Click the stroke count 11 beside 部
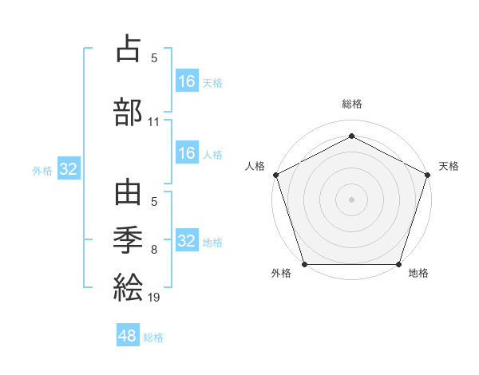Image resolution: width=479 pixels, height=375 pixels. pyautogui.click(x=154, y=122)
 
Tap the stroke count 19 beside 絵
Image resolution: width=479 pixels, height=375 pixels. pyautogui.click(x=154, y=298)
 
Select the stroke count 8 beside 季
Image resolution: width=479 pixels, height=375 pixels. pyautogui.click(x=154, y=249)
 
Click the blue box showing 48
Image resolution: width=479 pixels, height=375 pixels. pyautogui.click(x=127, y=336)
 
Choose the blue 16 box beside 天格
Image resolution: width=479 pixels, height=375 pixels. pyautogui.click(x=186, y=81)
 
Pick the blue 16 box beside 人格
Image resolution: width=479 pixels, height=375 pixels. pyautogui.click(x=186, y=153)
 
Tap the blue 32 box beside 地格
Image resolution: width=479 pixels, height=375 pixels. pyautogui.click(x=186, y=240)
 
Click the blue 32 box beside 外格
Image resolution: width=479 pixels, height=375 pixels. pyautogui.click(x=68, y=169)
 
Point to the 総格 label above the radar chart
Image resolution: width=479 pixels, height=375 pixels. pyautogui.click(x=352, y=104)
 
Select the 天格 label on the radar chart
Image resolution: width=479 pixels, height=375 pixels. pyautogui.click(x=449, y=166)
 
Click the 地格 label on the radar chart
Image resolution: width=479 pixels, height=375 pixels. pyautogui.click(x=418, y=273)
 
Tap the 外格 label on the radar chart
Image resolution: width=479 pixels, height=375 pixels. pyautogui.click(x=281, y=273)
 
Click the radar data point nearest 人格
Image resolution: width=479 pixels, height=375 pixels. pyautogui.click(x=276, y=175)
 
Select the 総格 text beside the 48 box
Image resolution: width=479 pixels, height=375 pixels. pyautogui.click(x=153, y=337)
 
